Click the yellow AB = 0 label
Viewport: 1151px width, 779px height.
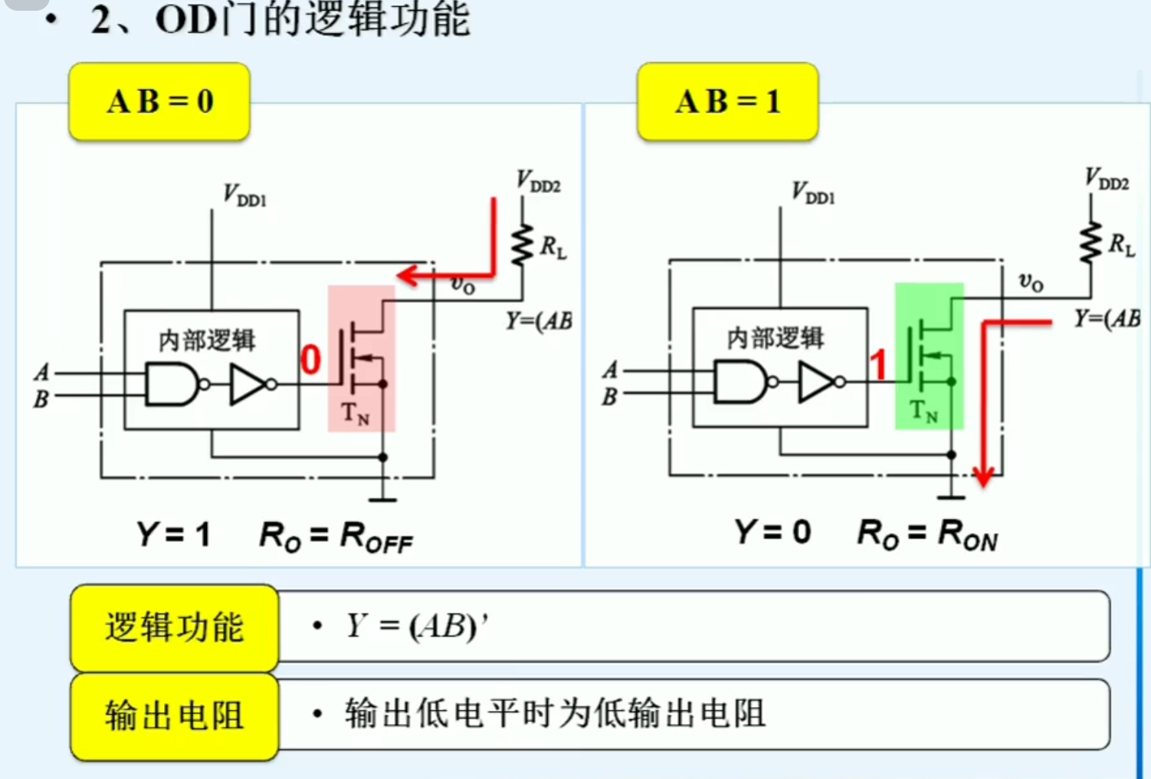(x=159, y=102)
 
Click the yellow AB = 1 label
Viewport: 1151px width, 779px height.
(x=727, y=102)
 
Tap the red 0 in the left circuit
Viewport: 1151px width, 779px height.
(x=310, y=360)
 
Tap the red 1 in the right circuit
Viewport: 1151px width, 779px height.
(x=878, y=365)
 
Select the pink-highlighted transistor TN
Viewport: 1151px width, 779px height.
(x=361, y=358)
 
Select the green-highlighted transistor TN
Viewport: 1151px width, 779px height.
(x=929, y=356)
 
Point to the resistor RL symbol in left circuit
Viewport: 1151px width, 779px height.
(x=523, y=245)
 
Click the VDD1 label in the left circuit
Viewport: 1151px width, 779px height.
(x=244, y=196)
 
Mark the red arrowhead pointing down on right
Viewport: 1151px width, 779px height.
(x=983, y=475)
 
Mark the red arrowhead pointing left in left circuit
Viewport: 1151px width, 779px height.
(x=407, y=275)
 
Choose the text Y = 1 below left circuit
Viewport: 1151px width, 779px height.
(x=173, y=534)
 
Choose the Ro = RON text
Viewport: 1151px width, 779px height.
(x=927, y=533)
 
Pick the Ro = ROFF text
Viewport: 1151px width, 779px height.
(x=336, y=536)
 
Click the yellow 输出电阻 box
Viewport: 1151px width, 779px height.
(x=174, y=716)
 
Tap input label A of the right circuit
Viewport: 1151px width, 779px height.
(x=610, y=370)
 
